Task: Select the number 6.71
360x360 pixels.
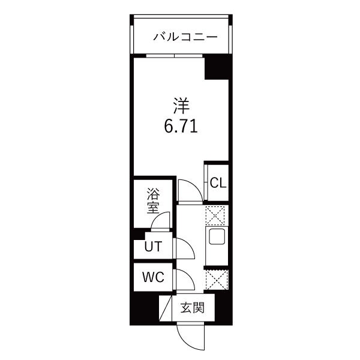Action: (178, 127)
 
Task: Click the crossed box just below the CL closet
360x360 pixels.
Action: (215, 215)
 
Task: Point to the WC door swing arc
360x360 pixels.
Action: (184, 277)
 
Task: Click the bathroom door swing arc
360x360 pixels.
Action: (161, 223)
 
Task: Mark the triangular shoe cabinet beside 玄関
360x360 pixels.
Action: (165, 310)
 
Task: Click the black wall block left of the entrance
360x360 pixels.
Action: (144, 310)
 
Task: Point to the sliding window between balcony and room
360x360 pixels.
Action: (174, 56)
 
